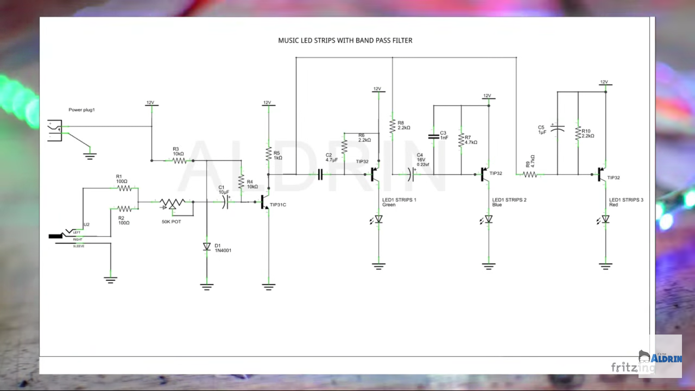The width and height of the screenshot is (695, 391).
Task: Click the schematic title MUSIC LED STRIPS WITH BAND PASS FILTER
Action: click(x=345, y=41)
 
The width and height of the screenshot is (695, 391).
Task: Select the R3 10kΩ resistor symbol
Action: click(x=180, y=160)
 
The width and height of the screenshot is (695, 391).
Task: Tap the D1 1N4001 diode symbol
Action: click(x=206, y=247)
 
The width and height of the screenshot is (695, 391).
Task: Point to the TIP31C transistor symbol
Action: click(x=265, y=202)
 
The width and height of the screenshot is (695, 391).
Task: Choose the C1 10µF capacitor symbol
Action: click(x=225, y=201)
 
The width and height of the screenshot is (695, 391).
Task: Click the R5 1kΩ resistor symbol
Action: click(x=268, y=154)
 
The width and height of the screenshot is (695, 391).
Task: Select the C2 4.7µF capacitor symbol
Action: click(x=320, y=174)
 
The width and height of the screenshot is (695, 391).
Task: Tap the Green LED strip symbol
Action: click(x=379, y=219)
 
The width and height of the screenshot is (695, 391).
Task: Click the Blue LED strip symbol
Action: click(x=489, y=219)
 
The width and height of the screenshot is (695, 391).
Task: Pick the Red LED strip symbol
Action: click(x=605, y=219)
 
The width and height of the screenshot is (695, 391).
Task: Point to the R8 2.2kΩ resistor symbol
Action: click(x=392, y=126)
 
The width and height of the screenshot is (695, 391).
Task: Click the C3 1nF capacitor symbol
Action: click(x=433, y=136)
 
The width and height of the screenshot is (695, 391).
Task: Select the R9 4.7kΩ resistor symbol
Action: click(x=530, y=174)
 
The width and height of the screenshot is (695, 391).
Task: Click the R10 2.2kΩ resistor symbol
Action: click(x=578, y=134)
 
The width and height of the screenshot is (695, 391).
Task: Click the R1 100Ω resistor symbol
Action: click(x=124, y=188)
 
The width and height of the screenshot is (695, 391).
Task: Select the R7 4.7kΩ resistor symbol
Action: click(x=461, y=140)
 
